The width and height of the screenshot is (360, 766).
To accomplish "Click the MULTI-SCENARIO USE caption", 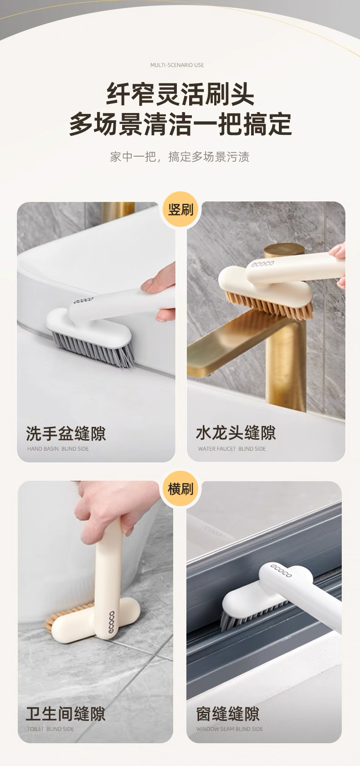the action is point(177,65).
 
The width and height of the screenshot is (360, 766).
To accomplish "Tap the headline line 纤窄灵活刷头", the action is point(180,94).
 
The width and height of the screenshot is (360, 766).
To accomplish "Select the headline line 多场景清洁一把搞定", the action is point(180,124).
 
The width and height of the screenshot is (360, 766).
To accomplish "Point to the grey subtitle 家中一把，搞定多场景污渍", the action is point(180,157).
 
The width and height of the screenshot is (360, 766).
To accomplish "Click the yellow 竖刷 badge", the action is point(180,210).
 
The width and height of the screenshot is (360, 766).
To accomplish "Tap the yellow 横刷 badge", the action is point(180,489).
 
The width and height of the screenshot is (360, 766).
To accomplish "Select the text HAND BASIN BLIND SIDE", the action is point(58,449).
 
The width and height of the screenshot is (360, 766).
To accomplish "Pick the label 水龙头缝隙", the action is point(236,433).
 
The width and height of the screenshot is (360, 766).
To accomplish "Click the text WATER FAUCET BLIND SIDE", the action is point(232,449).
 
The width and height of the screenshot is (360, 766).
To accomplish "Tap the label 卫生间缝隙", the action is point(66,714).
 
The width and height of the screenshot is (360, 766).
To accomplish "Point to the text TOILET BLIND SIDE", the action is point(51,729).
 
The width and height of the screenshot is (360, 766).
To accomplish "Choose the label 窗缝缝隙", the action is point(228,714).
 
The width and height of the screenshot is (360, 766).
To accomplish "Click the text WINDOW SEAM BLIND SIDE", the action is point(230,729).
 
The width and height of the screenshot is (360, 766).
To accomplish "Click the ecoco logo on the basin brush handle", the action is point(83,301).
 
